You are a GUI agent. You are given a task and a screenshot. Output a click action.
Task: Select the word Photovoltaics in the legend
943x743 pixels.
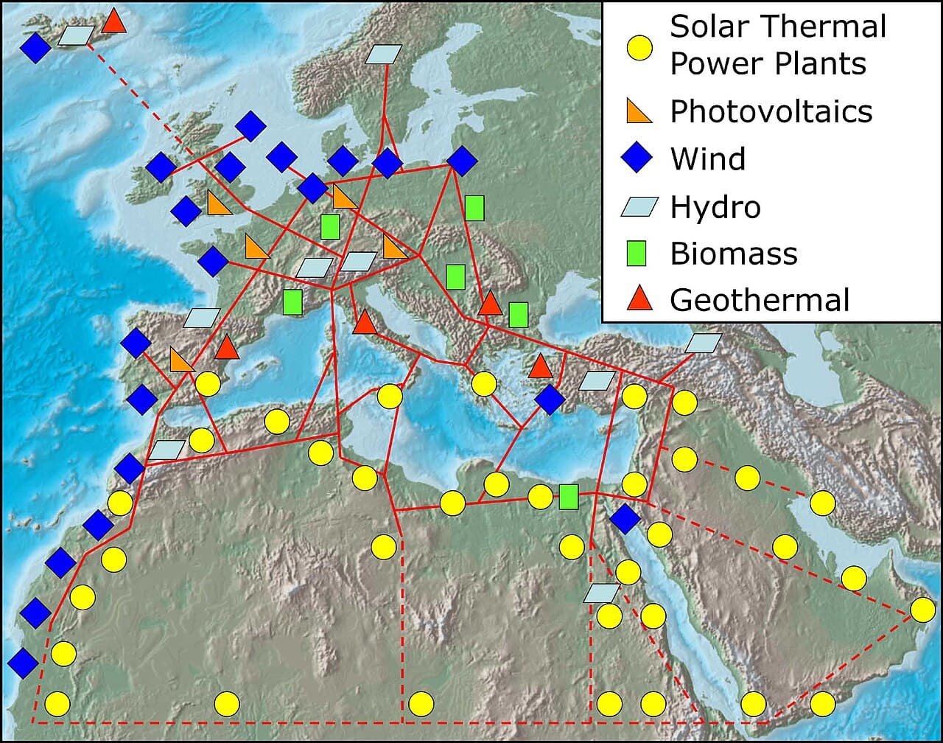[x=771, y=112]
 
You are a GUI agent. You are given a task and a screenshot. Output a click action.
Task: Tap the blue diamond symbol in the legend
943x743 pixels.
[x=639, y=158]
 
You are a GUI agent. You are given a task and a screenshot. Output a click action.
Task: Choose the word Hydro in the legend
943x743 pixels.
[x=715, y=207]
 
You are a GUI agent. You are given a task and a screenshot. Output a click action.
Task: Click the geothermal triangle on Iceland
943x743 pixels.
[x=113, y=22]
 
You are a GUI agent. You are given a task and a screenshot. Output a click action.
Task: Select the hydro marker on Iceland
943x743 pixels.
[x=77, y=35]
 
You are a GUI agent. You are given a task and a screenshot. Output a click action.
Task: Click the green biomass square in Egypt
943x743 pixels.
[x=568, y=497]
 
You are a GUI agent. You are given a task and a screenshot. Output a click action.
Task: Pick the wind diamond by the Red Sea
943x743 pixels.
[x=625, y=519]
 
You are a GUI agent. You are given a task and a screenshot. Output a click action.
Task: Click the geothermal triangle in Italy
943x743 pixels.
[x=364, y=323]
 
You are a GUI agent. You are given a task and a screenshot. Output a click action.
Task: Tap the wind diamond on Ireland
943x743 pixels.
[x=161, y=167]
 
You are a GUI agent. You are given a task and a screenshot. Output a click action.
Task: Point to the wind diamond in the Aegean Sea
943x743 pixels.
[x=550, y=399]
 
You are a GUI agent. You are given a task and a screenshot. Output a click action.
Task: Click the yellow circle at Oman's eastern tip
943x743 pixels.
[x=922, y=610]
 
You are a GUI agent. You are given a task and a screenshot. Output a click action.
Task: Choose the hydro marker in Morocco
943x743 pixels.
[x=167, y=450]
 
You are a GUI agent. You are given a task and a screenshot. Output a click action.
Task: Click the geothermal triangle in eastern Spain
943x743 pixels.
[x=226, y=347]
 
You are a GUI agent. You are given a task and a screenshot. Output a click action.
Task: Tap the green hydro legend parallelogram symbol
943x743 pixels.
[x=639, y=207]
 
